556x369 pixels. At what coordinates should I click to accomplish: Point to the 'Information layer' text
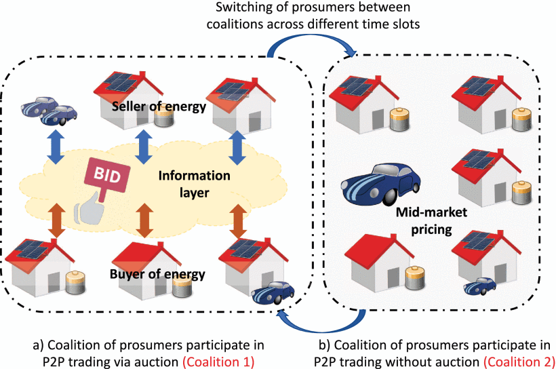point(194,183)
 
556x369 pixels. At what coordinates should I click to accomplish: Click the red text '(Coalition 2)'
point(519,361)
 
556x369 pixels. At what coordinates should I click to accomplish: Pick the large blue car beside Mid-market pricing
point(370,184)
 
